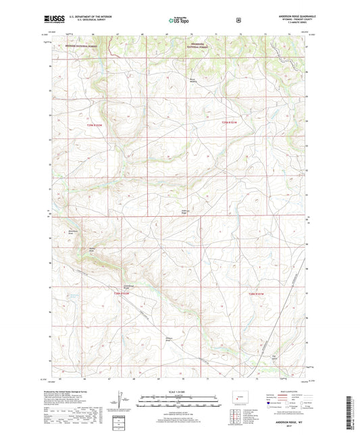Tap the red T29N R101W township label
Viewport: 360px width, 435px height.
click(x=230, y=122)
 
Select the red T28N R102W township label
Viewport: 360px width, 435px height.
click(x=122, y=293)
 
